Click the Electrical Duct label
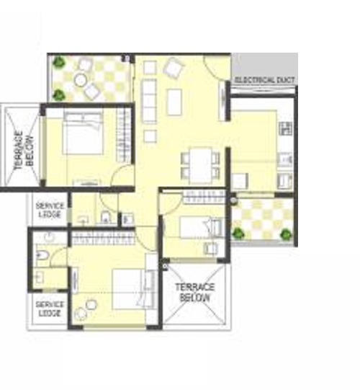click(x=264, y=79)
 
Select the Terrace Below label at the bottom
click(x=195, y=291)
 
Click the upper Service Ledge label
click(x=50, y=210)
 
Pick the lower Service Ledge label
click(x=49, y=309)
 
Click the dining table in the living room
click(x=200, y=161)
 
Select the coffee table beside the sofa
click(x=174, y=101)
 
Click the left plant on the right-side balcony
click(x=238, y=232)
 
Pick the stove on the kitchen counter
click(x=285, y=130)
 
